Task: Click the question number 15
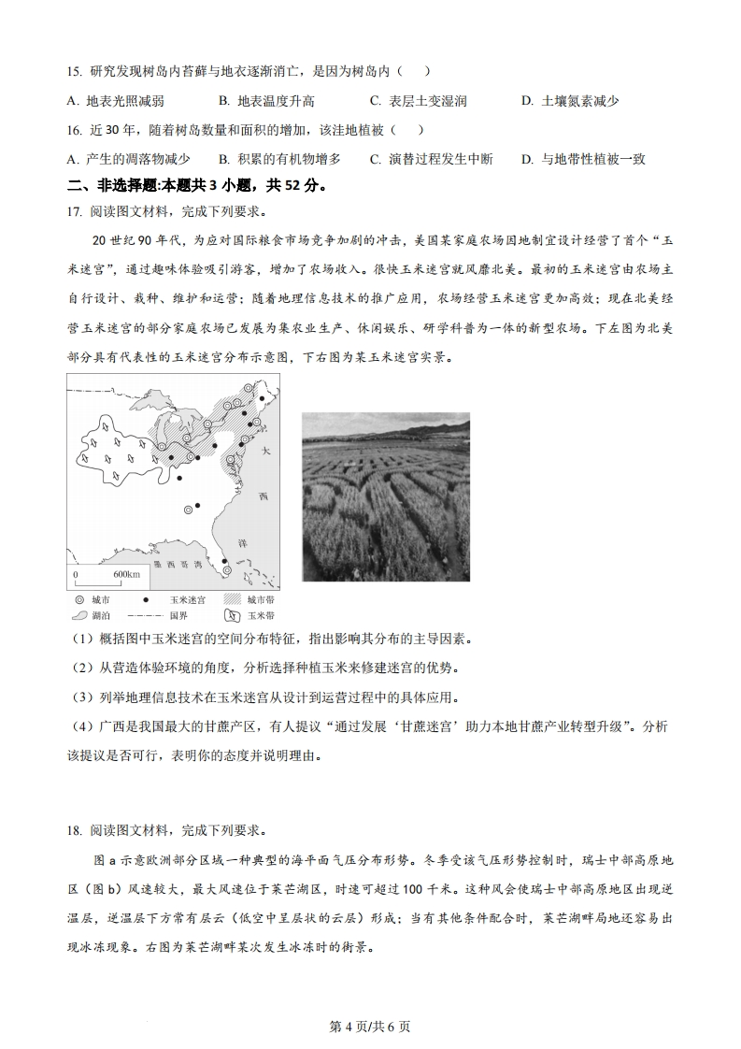[75, 72]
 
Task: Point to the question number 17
[75, 211]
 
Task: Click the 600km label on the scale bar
[127, 573]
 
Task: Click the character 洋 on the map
[265, 541]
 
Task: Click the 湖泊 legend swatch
[79, 616]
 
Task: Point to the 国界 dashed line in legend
[145, 616]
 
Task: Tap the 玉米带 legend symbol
[232, 616]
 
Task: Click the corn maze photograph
[385, 496]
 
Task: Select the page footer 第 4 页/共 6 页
[371, 1026]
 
